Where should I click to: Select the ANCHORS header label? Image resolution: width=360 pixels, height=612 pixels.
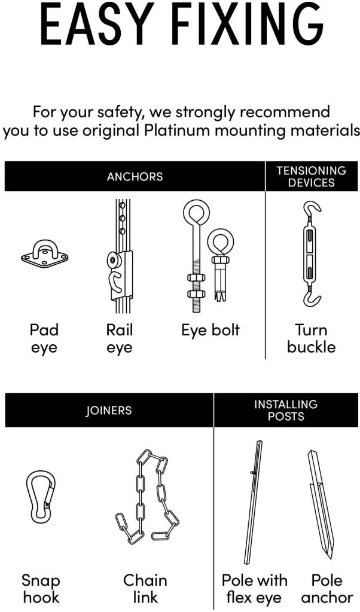click(135, 176)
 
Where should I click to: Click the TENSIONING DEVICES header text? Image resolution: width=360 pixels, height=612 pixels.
click(311, 176)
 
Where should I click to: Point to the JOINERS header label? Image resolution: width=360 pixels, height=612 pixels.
click(109, 410)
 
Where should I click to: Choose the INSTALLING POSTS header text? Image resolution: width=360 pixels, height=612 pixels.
click(286, 410)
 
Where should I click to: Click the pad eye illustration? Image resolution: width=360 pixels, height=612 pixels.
click(44, 254)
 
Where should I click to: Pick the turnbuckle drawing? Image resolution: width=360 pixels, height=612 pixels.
click(312, 253)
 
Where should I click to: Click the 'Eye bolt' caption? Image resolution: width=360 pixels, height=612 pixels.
click(210, 330)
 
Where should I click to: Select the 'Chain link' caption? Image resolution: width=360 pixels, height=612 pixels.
click(145, 589)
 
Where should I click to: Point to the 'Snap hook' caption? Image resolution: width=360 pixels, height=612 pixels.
click(41, 589)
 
